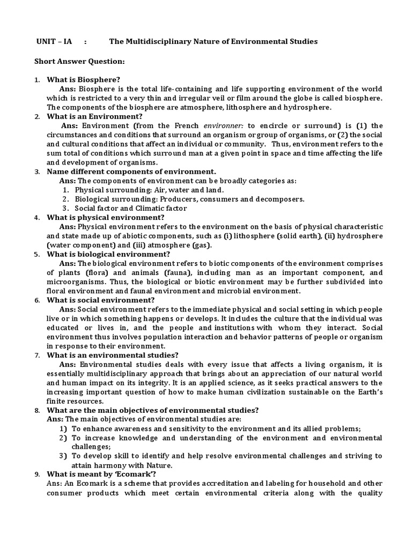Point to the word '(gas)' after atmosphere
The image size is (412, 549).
click(x=202, y=245)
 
